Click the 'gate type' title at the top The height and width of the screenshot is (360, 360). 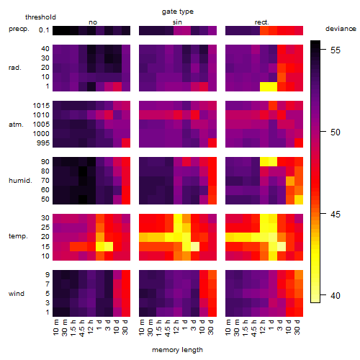[x=178, y=12]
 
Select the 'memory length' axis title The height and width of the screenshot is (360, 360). [x=177, y=350]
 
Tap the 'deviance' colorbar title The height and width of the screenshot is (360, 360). [x=341, y=29]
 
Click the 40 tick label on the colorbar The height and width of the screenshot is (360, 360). [x=336, y=295]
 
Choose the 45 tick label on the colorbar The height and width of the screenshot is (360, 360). [x=336, y=214]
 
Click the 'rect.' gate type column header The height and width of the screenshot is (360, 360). [x=262, y=22]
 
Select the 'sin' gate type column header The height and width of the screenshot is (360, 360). [x=177, y=22]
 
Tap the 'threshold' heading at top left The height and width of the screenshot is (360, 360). [x=40, y=17]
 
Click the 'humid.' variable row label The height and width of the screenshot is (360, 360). [x=20, y=181]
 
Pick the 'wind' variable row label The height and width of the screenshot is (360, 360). [x=17, y=294]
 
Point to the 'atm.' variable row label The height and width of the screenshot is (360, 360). [x=16, y=125]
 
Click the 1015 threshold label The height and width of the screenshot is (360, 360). [x=41, y=106]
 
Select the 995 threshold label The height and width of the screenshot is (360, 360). [x=43, y=143]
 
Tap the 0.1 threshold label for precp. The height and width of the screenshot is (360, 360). [x=44, y=30]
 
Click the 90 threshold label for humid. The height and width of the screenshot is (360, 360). [x=45, y=162]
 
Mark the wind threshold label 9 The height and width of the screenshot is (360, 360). [x=48, y=275]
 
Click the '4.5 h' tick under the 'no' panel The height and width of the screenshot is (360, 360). [x=81, y=328]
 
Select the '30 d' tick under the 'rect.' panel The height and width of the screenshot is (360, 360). [x=297, y=328]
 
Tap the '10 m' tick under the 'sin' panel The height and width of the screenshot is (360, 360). [x=142, y=328]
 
